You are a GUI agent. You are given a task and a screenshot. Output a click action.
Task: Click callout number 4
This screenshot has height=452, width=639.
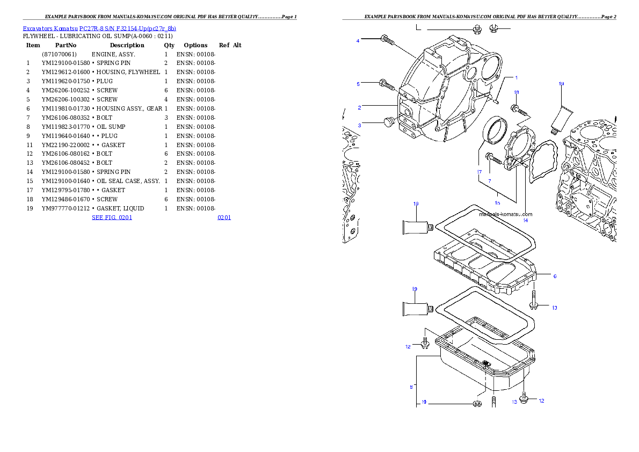pyautogui.click(x=358, y=41)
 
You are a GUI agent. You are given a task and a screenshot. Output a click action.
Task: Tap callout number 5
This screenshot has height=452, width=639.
pyautogui.click(x=358, y=84)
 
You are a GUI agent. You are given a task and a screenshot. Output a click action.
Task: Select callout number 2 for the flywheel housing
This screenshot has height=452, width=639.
pyautogui.click(x=359, y=107)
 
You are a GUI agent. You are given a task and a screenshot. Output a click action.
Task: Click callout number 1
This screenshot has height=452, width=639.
pyautogui.click(x=516, y=78)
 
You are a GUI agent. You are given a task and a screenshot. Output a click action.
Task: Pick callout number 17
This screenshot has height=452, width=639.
pyautogui.click(x=479, y=172)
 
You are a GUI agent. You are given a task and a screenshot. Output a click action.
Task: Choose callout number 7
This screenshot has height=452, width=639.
pyautogui.click(x=490, y=181)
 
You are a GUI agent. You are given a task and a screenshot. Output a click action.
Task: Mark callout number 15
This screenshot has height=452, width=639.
pyautogui.click(x=497, y=203)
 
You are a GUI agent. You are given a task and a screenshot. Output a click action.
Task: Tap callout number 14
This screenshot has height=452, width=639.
pyautogui.click(x=525, y=220)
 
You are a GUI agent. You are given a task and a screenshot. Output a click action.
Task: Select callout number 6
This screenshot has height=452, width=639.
pyautogui.click(x=555, y=276)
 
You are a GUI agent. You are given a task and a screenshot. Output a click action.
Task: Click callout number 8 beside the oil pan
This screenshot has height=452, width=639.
pyautogui.click(x=411, y=386)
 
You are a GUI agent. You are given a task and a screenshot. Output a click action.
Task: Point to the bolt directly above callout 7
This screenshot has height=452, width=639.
pyautogui.click(x=493, y=158)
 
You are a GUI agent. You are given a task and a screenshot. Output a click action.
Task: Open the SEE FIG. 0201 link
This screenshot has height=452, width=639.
pyautogui.click(x=112, y=217)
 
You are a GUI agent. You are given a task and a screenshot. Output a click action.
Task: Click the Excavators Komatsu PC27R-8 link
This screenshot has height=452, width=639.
pyautogui.click(x=99, y=28)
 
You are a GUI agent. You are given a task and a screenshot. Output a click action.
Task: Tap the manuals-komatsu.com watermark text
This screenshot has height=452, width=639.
pyautogui.click(x=505, y=214)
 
